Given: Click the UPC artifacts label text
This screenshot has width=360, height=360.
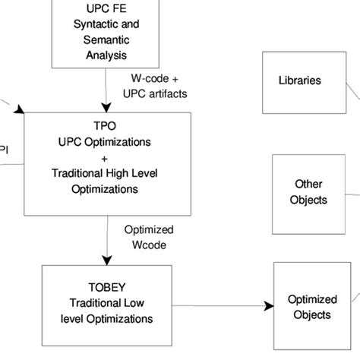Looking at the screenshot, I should [x=155, y=93].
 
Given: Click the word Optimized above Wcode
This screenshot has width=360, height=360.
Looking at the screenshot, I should [x=149, y=230].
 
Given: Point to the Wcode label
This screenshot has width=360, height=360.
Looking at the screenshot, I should [x=149, y=245].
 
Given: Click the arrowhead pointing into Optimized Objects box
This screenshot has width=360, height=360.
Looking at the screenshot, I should [x=268, y=306].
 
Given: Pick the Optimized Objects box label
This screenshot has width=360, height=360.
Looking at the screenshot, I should [x=309, y=307].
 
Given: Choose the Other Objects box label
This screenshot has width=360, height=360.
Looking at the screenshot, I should [x=308, y=192].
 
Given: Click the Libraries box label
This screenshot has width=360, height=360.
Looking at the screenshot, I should [x=299, y=81].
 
